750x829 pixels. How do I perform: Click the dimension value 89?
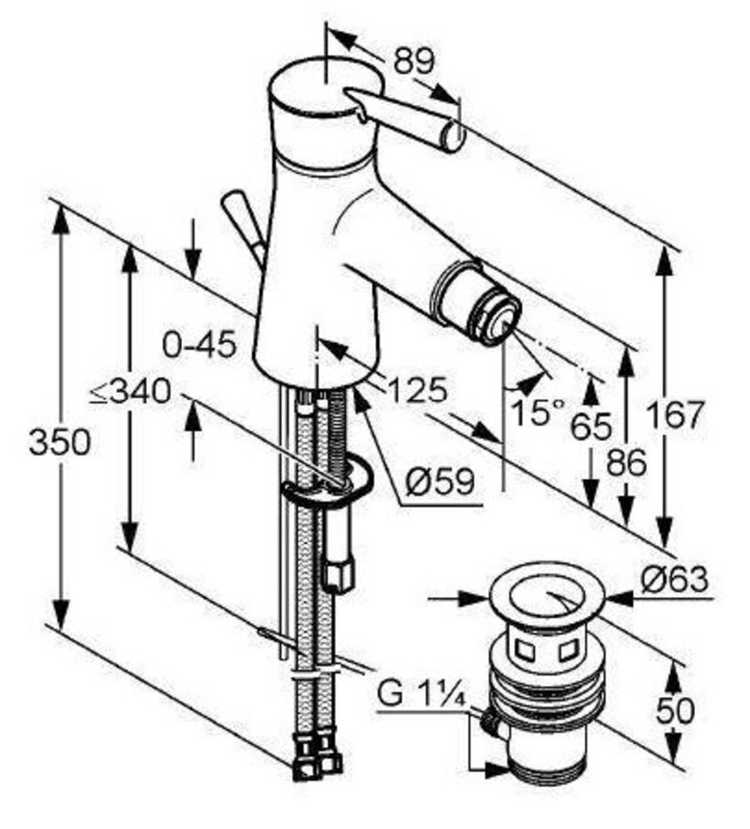click(x=414, y=60)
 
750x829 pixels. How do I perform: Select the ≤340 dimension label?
click(x=130, y=393)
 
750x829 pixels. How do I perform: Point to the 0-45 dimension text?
click(x=199, y=346)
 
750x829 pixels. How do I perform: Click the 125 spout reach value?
click(x=418, y=391)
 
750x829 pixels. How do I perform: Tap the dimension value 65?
click(x=591, y=426)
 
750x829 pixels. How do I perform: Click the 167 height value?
click(x=677, y=414)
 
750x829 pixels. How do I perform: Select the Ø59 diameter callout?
click(x=440, y=482)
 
